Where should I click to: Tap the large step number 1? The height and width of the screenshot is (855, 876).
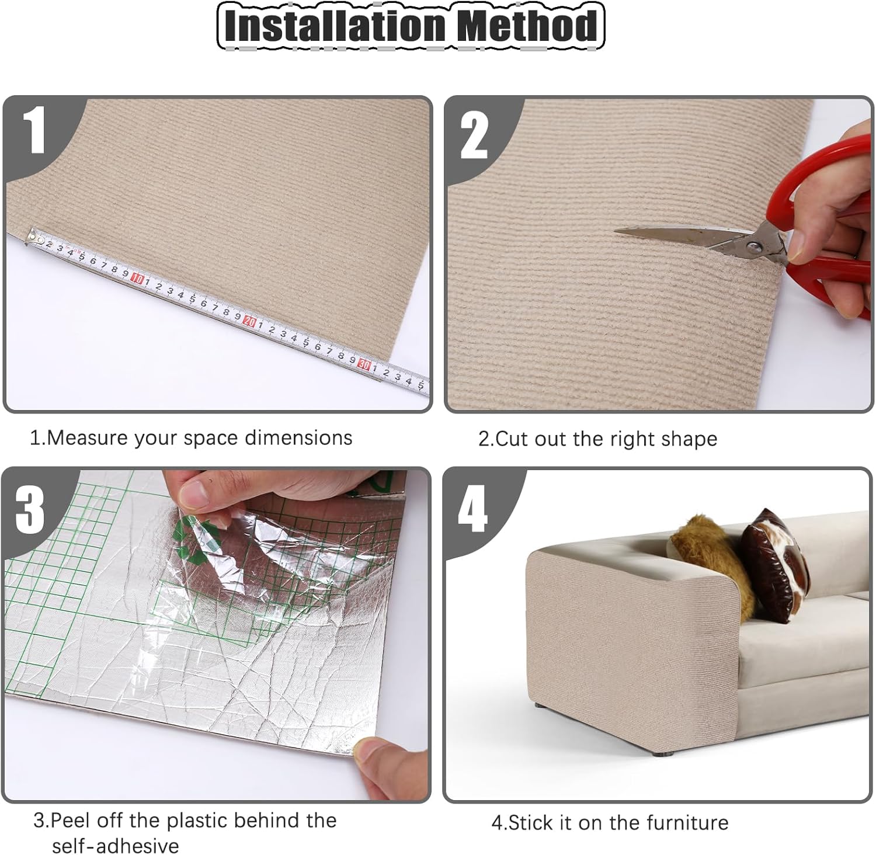(36, 130)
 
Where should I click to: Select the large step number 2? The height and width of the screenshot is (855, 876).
(474, 135)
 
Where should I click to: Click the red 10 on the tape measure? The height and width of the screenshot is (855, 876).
(137, 279)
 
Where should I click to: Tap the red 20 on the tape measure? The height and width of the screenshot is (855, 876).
(250, 321)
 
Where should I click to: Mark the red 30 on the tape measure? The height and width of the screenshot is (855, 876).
(364, 364)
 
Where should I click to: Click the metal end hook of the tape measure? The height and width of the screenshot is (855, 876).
(34, 237)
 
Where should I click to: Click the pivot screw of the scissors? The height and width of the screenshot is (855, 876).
(754, 247)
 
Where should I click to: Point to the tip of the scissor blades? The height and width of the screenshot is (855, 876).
(616, 232)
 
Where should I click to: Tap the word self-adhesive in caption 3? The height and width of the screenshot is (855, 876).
(116, 846)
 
